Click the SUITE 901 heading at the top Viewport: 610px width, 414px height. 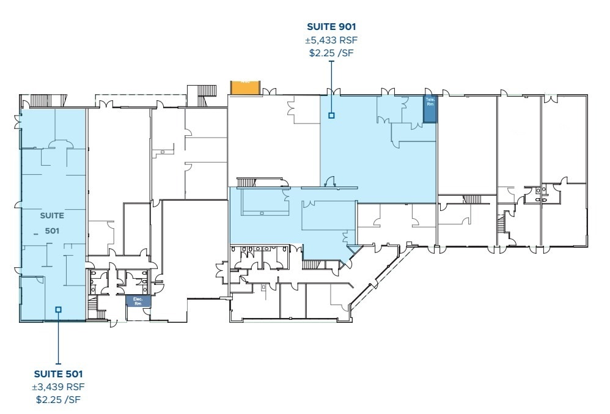click(331, 27)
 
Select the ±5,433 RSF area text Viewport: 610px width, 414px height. click(331, 40)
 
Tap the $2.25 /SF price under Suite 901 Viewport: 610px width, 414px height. click(331, 53)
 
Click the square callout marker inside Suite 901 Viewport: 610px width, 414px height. click(331, 115)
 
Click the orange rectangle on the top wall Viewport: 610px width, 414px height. click(246, 87)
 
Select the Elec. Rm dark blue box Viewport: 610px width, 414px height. click(138, 301)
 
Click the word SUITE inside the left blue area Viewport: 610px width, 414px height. click(52, 215)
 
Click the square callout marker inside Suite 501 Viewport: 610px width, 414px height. click(58, 309)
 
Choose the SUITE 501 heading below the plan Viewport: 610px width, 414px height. click(58, 374)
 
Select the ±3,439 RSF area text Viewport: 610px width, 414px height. click(58, 386)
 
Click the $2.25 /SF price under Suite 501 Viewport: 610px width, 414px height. click(58, 400)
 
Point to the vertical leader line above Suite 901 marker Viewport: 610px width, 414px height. click(331, 86)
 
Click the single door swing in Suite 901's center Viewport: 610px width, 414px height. click(330, 181)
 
